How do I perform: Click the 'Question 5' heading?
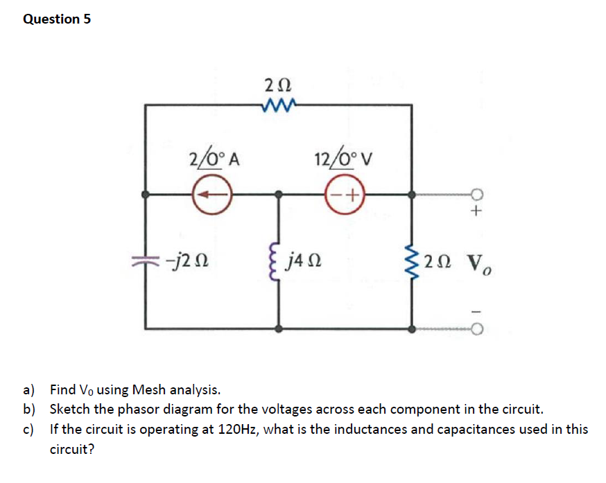57,19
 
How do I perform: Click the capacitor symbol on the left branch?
146,261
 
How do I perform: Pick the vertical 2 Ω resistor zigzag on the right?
414,261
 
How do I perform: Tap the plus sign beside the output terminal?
476,212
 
